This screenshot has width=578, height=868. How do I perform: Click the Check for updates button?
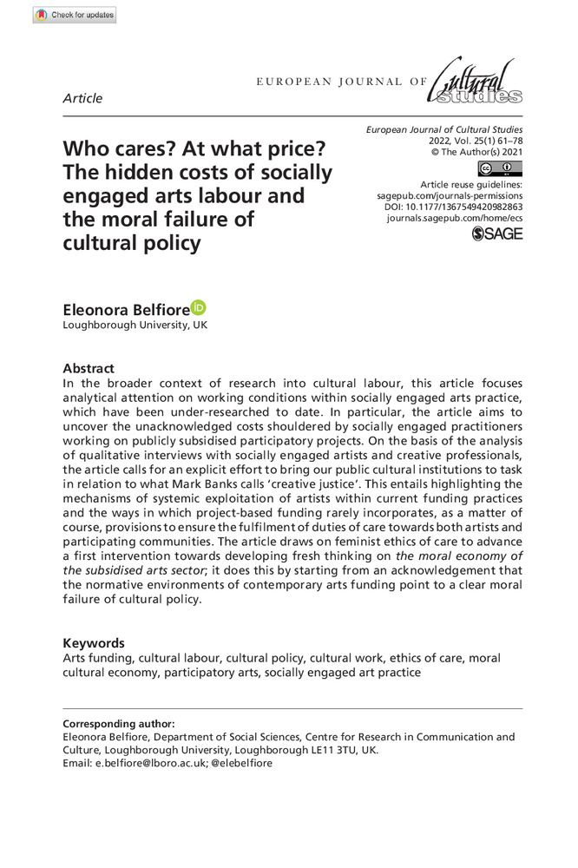75,15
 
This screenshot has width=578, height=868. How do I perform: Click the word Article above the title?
82,98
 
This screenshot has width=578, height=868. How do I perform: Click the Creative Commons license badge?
500,168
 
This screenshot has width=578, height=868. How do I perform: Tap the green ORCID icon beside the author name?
199,306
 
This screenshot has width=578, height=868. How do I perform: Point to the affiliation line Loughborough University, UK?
135,325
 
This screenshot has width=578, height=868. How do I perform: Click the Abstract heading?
89,368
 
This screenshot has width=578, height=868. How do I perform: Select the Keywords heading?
94,643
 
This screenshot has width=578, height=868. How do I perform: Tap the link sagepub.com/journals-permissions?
444,197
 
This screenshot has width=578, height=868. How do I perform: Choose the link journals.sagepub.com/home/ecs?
455,221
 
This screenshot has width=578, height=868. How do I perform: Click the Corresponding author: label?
119,723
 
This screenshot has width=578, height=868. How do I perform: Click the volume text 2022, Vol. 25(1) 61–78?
476,141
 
